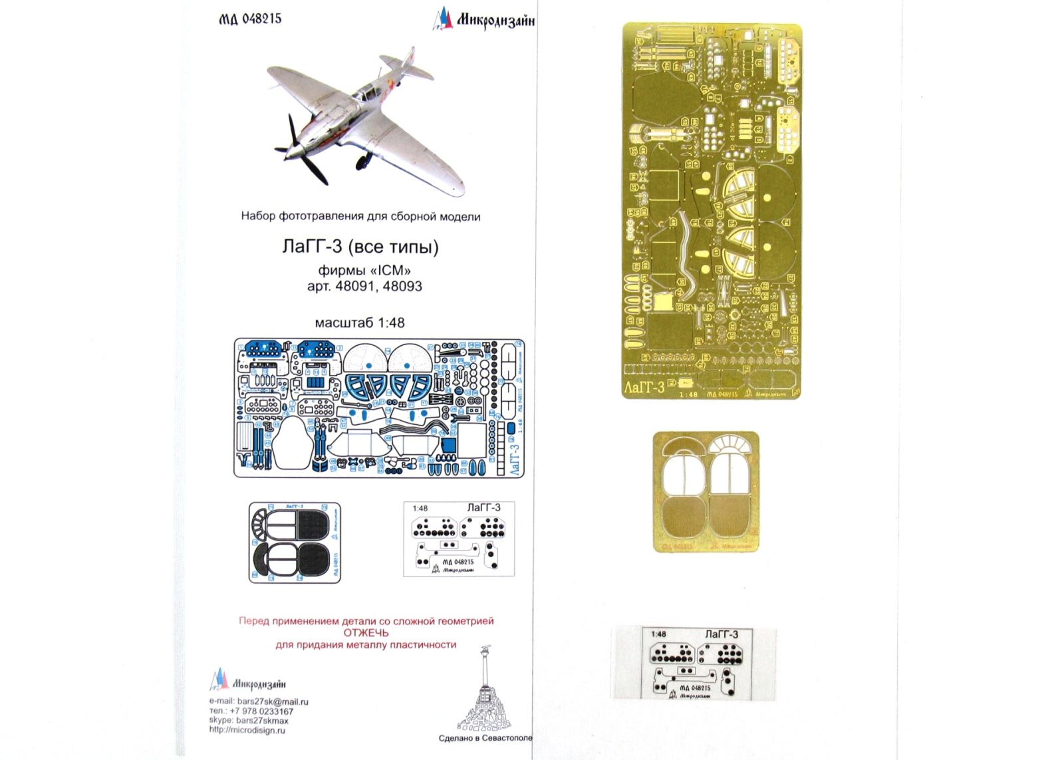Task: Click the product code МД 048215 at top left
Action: [x=250, y=19]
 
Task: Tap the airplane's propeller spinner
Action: [x=291, y=151]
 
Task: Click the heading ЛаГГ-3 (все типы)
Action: [x=360, y=247]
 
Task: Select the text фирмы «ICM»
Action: [x=364, y=271]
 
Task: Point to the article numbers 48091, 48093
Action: [x=364, y=287]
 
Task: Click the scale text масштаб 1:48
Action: [x=360, y=322]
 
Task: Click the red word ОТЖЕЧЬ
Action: [x=366, y=633]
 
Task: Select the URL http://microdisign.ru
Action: [x=247, y=730]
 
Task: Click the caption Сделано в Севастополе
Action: [x=485, y=739]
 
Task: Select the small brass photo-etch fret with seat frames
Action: [x=706, y=491]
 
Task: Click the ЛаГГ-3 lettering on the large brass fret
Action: [x=644, y=388]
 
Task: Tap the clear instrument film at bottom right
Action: [x=694, y=664]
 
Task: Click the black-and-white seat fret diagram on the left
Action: [x=295, y=543]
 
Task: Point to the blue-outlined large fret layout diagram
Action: [x=379, y=408]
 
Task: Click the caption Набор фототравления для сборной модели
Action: [x=360, y=217]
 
